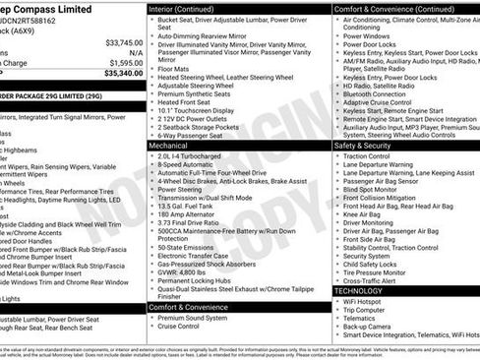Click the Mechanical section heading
click(x=174, y=144)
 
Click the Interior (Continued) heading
click(x=192, y=8)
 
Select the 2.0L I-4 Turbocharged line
click(x=196, y=154)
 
